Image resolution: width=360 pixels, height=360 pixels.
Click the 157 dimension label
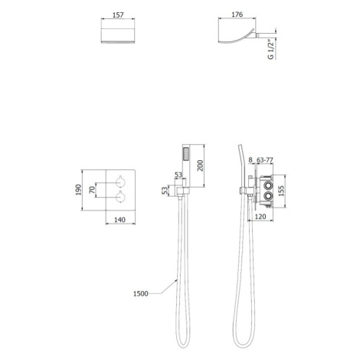pyautogui.click(x=118, y=15)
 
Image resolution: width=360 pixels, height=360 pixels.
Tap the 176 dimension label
pyautogui.click(x=237, y=15)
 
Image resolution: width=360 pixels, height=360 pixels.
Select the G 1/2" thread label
pyautogui.click(x=271, y=49)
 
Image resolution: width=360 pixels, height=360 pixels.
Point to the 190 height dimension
pyautogui.click(x=78, y=190)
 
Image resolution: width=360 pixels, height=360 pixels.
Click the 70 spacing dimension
pyautogui.click(x=92, y=190)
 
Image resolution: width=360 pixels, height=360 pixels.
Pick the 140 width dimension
pyautogui.click(x=119, y=219)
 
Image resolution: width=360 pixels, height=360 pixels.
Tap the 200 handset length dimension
pyautogui.click(x=201, y=165)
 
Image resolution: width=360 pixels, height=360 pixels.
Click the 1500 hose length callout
pyautogui.click(x=141, y=293)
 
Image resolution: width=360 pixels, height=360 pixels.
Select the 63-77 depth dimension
pyautogui.click(x=265, y=160)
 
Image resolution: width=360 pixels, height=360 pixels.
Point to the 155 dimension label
pyautogui.click(x=281, y=191)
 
